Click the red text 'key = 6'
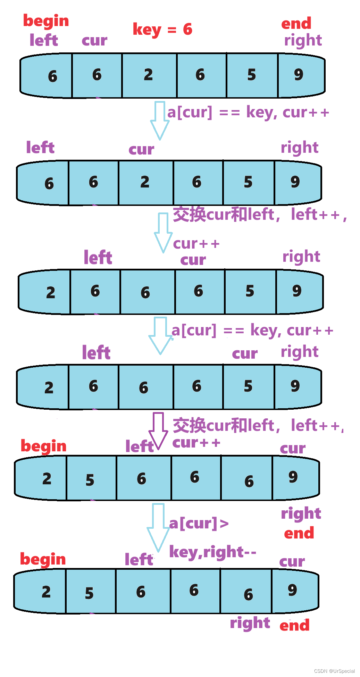click(162, 30)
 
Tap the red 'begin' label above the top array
click(46, 22)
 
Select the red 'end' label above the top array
click(296, 24)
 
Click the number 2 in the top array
click(148, 75)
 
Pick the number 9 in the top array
click(299, 75)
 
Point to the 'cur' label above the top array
click(94, 41)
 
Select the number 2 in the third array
click(51, 293)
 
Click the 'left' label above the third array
click(98, 258)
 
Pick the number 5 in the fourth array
click(248, 386)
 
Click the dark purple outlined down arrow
click(158, 431)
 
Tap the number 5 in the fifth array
click(90, 480)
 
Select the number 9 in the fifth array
click(293, 477)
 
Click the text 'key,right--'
click(212, 552)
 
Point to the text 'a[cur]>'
click(199, 524)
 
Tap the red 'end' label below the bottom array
click(294, 626)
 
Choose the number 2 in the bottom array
click(46, 592)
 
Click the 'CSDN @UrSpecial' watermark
click(334, 671)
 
